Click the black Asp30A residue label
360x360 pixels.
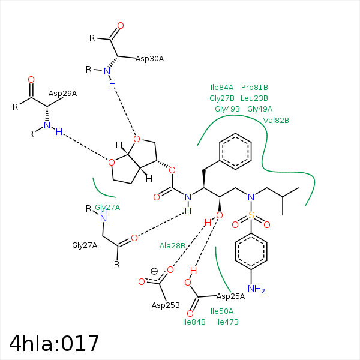(x=149, y=59)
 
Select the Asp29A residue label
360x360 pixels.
(x=62, y=94)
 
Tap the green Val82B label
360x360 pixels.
(x=276, y=121)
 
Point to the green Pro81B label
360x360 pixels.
(x=254, y=88)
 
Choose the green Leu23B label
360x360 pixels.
(x=254, y=98)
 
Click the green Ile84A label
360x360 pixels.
(x=222, y=88)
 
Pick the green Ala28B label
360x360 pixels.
(x=172, y=246)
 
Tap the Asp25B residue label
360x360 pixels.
(x=166, y=305)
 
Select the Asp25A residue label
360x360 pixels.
(x=231, y=296)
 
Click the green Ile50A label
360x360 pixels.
(x=222, y=311)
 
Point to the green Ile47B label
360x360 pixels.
(x=227, y=322)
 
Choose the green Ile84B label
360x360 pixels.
(x=194, y=322)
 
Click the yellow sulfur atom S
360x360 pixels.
(x=251, y=215)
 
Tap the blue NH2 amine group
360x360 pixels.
(x=256, y=289)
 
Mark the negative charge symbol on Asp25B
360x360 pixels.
(x=154, y=271)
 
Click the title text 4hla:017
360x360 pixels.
(x=54, y=343)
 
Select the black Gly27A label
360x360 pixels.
(x=85, y=245)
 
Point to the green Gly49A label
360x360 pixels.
(x=260, y=109)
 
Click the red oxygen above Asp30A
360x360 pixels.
(x=121, y=25)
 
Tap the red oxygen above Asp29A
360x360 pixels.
(x=31, y=80)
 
